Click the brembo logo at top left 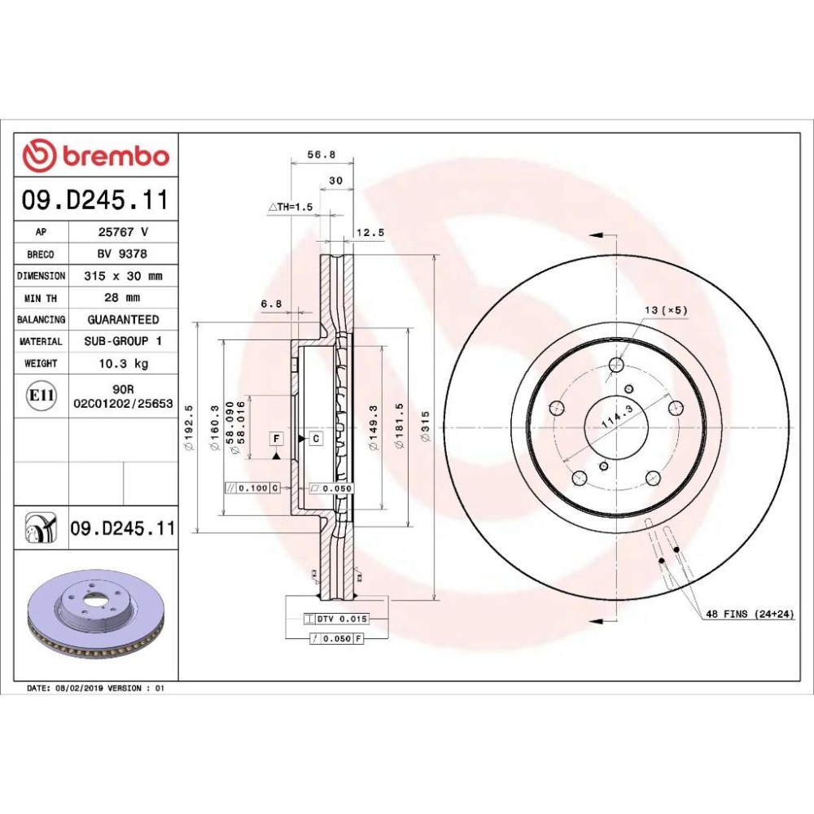(x=96, y=155)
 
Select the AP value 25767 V (x=123, y=231)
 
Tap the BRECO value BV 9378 (x=123, y=254)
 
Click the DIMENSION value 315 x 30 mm (x=123, y=276)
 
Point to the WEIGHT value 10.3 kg (x=124, y=363)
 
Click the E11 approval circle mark (x=42, y=396)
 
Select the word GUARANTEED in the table (x=123, y=319)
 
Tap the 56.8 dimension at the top (x=322, y=154)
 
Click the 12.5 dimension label (x=370, y=233)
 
